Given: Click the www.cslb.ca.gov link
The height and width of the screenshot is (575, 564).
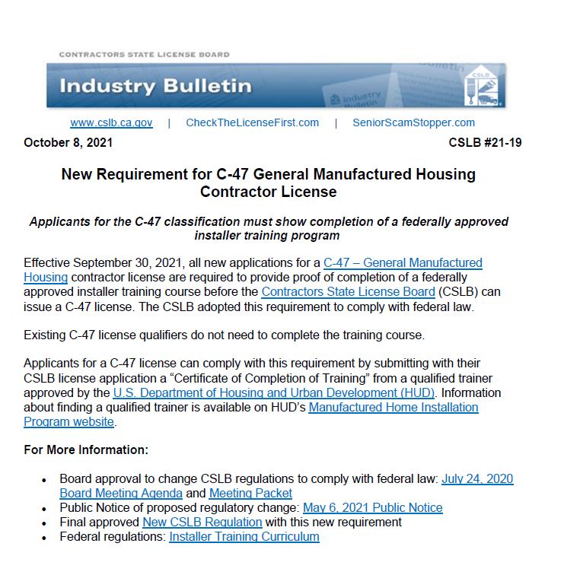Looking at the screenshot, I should click(x=111, y=122).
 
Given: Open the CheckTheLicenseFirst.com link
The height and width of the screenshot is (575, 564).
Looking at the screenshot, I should click(x=252, y=122).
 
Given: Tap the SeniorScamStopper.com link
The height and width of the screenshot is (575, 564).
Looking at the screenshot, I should click(x=413, y=122).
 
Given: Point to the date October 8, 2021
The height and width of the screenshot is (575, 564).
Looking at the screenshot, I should click(x=68, y=142).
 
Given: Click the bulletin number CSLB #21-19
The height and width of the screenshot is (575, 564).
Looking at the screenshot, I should click(x=485, y=142).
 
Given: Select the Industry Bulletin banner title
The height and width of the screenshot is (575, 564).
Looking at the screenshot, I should click(x=155, y=85).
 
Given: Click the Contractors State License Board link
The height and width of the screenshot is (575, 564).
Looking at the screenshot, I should click(x=348, y=292).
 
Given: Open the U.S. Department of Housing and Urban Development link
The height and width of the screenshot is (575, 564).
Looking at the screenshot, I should click(x=274, y=393).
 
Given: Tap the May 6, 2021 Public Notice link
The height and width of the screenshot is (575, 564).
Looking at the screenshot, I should click(x=372, y=507).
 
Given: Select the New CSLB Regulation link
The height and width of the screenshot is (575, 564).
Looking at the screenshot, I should click(x=202, y=522).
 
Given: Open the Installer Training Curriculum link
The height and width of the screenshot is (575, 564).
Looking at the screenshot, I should click(x=244, y=536).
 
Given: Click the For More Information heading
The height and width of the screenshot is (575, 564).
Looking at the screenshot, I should click(x=85, y=450).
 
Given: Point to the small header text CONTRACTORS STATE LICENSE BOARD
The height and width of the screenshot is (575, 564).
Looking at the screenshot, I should click(x=144, y=55).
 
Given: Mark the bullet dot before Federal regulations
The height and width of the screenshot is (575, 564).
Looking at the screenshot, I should click(x=44, y=538).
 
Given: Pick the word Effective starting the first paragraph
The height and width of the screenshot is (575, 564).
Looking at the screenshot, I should click(x=48, y=263).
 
